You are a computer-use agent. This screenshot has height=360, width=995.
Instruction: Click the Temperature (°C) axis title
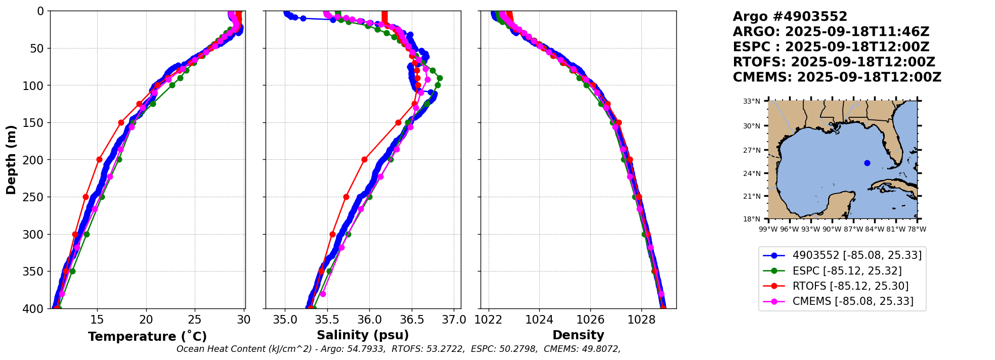click(147, 337)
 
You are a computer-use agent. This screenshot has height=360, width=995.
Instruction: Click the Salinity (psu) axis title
click(363, 335)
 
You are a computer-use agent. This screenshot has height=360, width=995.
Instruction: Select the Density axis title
click(578, 335)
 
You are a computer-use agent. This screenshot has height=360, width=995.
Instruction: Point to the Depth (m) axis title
click(11, 160)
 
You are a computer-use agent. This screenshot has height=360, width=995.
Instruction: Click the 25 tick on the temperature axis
click(195, 320)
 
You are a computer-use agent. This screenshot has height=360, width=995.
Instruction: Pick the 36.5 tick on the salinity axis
click(412, 320)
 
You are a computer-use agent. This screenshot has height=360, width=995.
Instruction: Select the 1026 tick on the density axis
click(590, 320)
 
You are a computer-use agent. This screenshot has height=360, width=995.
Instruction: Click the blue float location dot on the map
click(867, 163)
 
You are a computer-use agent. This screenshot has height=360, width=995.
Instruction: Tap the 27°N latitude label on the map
click(752, 150)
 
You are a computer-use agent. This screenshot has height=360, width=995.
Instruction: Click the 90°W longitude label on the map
click(832, 229)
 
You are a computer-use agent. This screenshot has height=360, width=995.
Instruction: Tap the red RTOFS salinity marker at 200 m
click(364, 159)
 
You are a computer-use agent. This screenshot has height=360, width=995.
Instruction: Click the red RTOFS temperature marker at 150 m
click(121, 122)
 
